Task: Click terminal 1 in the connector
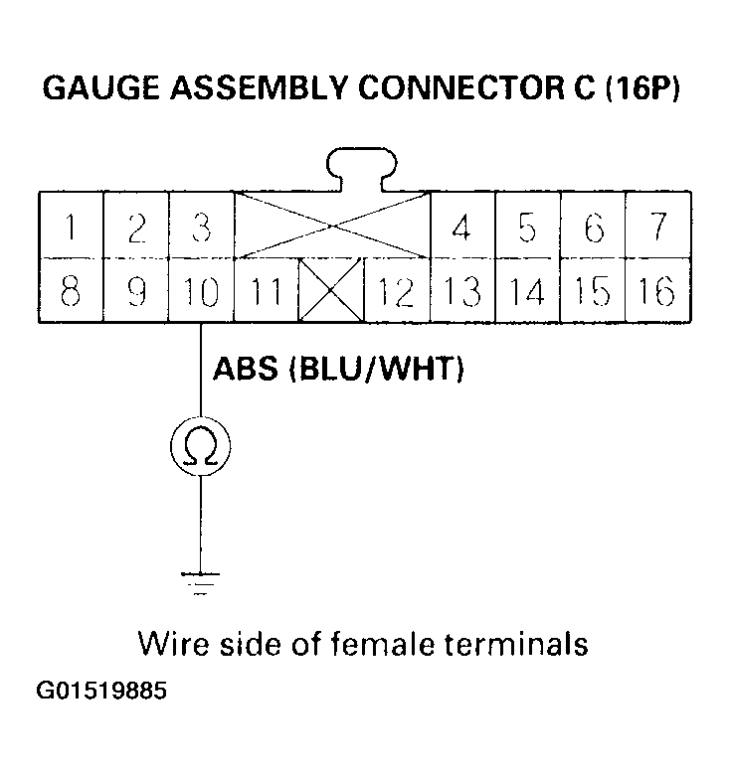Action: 70,228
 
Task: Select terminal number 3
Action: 201,228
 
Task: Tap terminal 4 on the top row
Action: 461,228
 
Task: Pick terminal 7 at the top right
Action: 657,228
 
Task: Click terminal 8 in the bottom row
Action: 70,291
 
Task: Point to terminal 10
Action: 201,291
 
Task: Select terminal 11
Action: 266,291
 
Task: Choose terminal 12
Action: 396,291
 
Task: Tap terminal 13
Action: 461,291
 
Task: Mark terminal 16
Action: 657,291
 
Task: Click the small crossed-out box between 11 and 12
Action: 332,291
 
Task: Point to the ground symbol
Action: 201,581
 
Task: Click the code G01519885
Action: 103,690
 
